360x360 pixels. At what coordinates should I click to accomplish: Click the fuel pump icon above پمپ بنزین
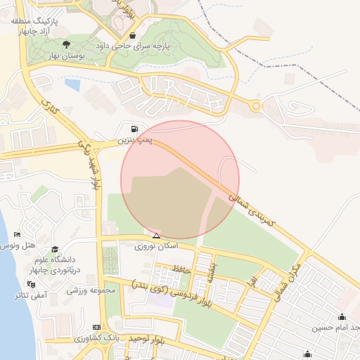(134, 129)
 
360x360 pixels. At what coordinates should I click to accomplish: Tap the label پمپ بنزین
(134, 141)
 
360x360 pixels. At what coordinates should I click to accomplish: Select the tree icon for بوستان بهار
(67, 45)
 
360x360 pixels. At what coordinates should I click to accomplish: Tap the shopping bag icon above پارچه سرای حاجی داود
(133, 35)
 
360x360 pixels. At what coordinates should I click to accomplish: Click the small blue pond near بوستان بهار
(72, 84)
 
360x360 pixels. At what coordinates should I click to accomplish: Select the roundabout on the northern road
(257, 107)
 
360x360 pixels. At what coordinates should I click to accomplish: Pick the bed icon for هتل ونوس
(17, 234)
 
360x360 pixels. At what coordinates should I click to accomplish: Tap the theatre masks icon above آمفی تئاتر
(31, 283)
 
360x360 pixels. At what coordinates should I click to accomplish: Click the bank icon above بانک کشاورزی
(96, 328)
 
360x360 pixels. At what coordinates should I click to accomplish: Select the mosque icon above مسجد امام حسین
(342, 316)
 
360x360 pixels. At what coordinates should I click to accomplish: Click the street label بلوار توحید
(147, 340)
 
